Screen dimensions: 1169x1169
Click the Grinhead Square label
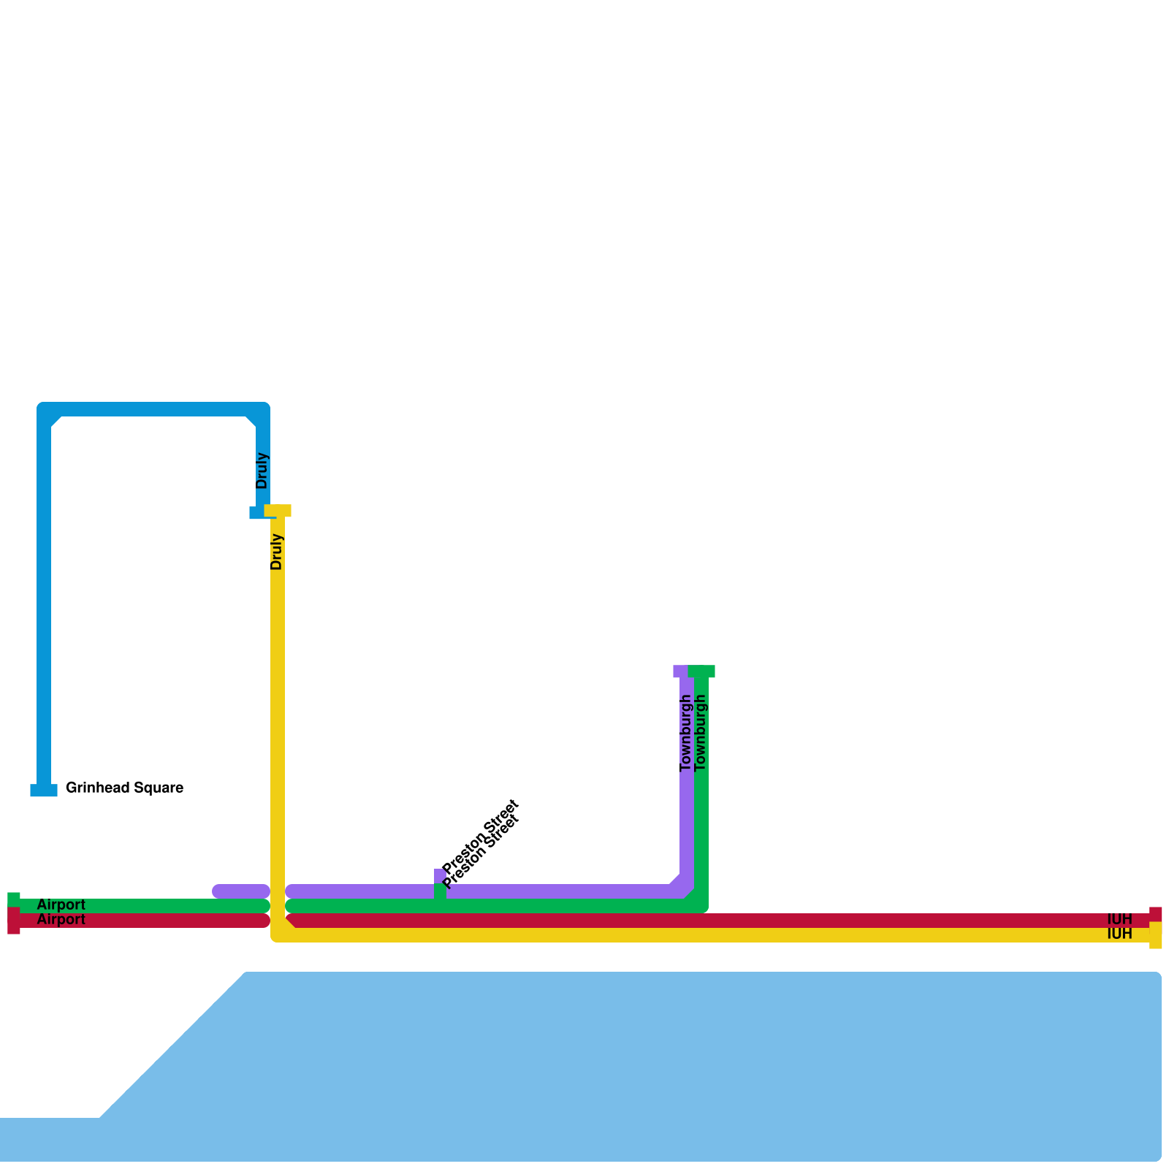(124, 788)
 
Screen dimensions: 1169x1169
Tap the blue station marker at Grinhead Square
(44, 790)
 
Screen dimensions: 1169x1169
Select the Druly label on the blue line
(262, 471)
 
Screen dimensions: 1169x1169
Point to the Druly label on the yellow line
(276, 552)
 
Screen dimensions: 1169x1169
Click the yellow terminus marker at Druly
(278, 510)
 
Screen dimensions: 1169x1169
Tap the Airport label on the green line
(61, 905)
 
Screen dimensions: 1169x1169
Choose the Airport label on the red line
(61, 919)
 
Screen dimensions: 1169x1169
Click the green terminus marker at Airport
(14, 899)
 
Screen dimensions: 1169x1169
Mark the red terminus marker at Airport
(14, 921)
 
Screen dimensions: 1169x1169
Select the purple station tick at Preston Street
(438, 875)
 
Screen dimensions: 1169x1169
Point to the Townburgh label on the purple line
(685, 733)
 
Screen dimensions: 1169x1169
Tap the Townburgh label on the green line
(701, 733)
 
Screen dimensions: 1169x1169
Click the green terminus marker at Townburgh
(701, 671)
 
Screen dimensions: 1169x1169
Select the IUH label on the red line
(1119, 919)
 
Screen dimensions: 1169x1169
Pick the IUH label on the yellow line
(1119, 934)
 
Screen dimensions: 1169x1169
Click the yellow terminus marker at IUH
(1155, 936)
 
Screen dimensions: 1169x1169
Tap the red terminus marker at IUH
(1155, 913)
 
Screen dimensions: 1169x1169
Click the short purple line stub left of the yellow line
(241, 891)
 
